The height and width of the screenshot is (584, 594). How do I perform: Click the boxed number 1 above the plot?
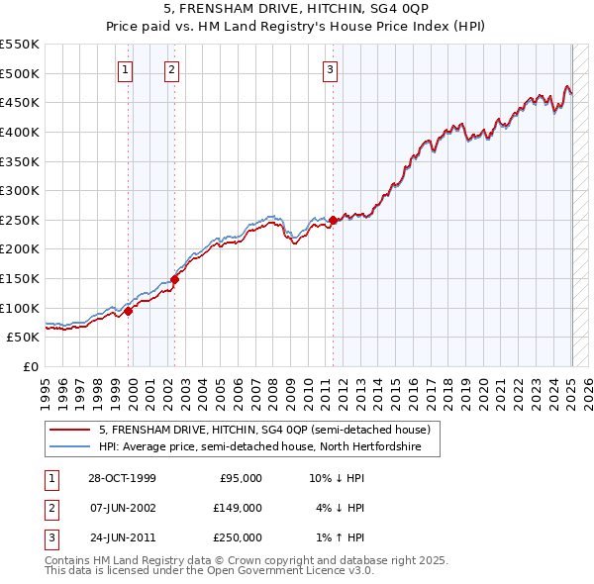pos(127,69)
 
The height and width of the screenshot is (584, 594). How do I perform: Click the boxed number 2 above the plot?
pos(172,69)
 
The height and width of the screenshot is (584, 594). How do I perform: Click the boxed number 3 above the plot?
pos(330,69)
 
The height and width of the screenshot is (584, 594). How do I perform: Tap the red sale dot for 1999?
pos(129,311)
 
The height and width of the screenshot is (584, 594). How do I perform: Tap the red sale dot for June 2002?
pos(174,279)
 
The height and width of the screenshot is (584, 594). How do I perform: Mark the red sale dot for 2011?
pos(334,220)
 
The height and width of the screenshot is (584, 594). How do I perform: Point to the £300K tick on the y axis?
pos(20,190)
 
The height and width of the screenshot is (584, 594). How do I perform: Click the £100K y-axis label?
pos(20,308)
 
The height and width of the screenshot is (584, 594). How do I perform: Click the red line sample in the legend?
pos(70,431)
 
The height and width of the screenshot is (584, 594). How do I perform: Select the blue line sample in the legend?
pos(70,447)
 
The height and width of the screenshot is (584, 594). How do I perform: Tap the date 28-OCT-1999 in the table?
pos(123,477)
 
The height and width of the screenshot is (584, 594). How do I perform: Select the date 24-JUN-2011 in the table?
pos(123,537)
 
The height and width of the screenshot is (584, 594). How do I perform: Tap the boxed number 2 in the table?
pos(50,508)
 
